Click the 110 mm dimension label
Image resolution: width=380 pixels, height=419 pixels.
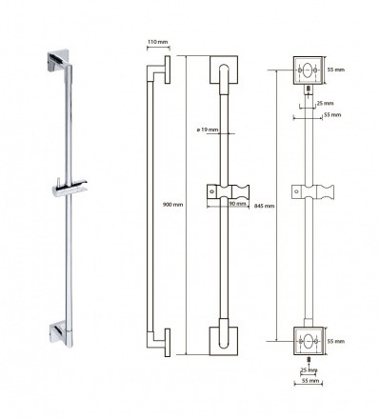pos(157,42)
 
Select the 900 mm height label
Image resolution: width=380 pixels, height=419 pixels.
pos(172,205)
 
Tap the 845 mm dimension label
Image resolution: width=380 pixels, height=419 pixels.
pos(265,206)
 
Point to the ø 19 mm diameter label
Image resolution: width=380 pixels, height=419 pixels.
pos(208,130)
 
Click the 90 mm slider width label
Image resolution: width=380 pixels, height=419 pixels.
pos(237,204)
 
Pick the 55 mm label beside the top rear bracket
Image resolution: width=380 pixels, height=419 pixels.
pos(336,70)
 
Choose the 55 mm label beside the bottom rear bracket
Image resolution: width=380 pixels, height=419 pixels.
pos(336,341)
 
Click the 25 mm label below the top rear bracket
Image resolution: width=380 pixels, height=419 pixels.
pos(326,103)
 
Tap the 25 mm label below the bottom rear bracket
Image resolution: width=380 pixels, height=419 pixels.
pos(309,370)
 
